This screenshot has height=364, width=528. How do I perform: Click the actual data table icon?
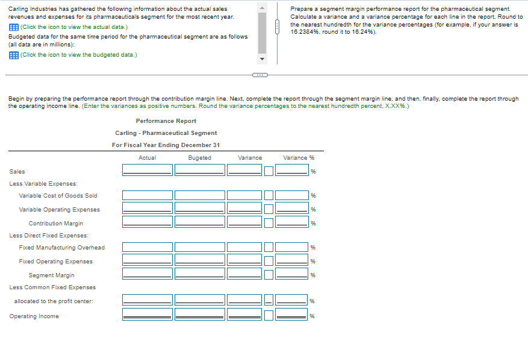pyautogui.click(x=13, y=28)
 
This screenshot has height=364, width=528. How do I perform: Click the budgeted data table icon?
pyautogui.click(x=13, y=55)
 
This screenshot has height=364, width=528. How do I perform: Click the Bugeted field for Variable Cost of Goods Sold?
pyautogui.click(x=199, y=195)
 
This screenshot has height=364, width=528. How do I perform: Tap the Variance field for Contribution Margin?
pyautogui.click(x=244, y=222)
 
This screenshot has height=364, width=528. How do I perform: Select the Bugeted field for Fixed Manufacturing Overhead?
pyautogui.click(x=199, y=247)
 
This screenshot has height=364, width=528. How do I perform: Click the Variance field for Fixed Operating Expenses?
pyautogui.click(x=244, y=260)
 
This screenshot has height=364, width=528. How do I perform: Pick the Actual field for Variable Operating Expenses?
pyautogui.click(x=148, y=209)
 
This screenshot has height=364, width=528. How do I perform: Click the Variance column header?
pyautogui.click(x=250, y=158)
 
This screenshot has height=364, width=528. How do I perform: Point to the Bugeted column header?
pyautogui.click(x=199, y=158)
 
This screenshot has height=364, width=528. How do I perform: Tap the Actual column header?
pyautogui.click(x=148, y=158)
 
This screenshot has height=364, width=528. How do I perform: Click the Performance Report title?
pyautogui.click(x=166, y=121)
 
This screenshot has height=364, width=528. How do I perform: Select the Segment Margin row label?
pyautogui.click(x=51, y=275)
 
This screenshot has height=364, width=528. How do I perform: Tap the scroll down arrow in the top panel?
pyautogui.click(x=262, y=60)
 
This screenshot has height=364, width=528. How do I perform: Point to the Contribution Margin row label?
pyautogui.click(x=55, y=224)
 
